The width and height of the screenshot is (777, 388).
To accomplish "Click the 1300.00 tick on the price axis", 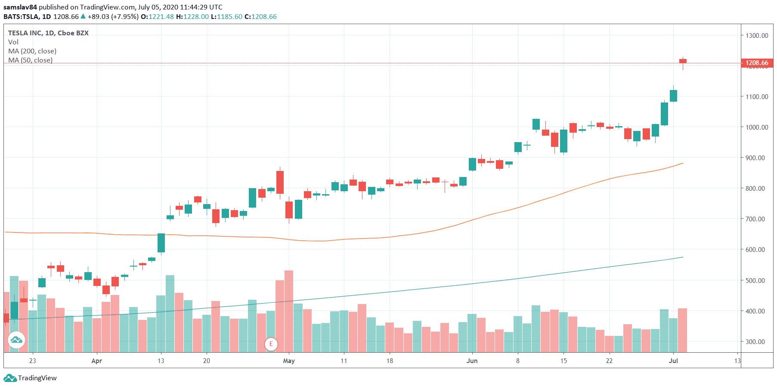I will click(756, 35).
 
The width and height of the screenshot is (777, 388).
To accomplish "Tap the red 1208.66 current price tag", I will click(757, 63).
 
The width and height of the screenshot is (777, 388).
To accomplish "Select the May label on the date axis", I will click(289, 361).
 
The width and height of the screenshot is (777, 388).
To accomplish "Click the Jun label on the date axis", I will click(472, 361).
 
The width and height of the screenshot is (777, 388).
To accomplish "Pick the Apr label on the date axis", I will click(96, 361).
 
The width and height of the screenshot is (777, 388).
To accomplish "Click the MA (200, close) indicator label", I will click(32, 51).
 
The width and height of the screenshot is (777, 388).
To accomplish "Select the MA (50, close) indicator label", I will click(31, 60).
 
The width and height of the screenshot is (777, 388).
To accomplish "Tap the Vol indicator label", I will click(13, 42).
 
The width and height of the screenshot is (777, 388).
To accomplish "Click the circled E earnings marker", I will click(271, 344).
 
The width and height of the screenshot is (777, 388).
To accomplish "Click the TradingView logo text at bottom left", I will click(37, 378).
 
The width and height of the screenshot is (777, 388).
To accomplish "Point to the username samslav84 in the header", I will click(20, 7).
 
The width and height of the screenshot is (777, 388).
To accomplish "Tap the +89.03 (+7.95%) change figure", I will click(113, 17).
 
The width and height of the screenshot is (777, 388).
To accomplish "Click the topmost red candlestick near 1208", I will click(683, 61).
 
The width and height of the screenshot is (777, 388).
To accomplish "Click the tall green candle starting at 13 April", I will click(161, 243).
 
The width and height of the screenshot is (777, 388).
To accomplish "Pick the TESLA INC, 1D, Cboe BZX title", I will click(48, 33).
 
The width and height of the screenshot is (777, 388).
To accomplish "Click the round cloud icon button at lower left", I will click(16, 340).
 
